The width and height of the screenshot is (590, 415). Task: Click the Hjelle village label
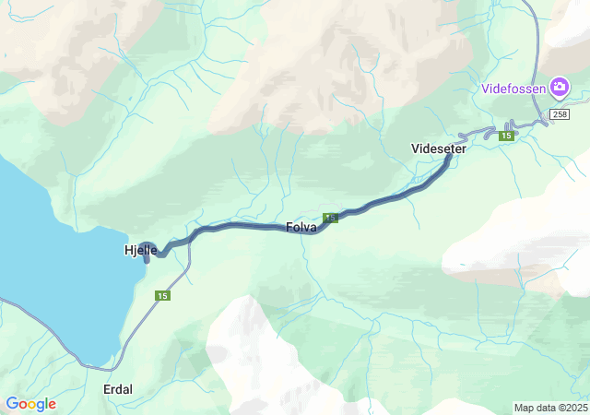[140, 250]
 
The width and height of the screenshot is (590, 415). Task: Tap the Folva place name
[301, 227]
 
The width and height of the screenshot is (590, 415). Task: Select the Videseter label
[439, 148]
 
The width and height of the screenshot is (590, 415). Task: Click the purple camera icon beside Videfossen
[559, 88]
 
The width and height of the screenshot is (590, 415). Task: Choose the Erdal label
[117, 389]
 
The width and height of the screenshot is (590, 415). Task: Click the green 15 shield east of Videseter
[506, 136]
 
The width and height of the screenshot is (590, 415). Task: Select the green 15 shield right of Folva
[332, 218]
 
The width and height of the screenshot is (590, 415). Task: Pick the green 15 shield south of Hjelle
[162, 295]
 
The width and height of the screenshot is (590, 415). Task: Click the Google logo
[30, 404]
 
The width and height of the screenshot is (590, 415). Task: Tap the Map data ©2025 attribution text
[549, 408]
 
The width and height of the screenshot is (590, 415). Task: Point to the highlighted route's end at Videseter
[450, 156]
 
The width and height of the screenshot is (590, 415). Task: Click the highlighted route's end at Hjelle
[147, 259]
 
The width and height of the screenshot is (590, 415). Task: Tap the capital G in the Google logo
[12, 404]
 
